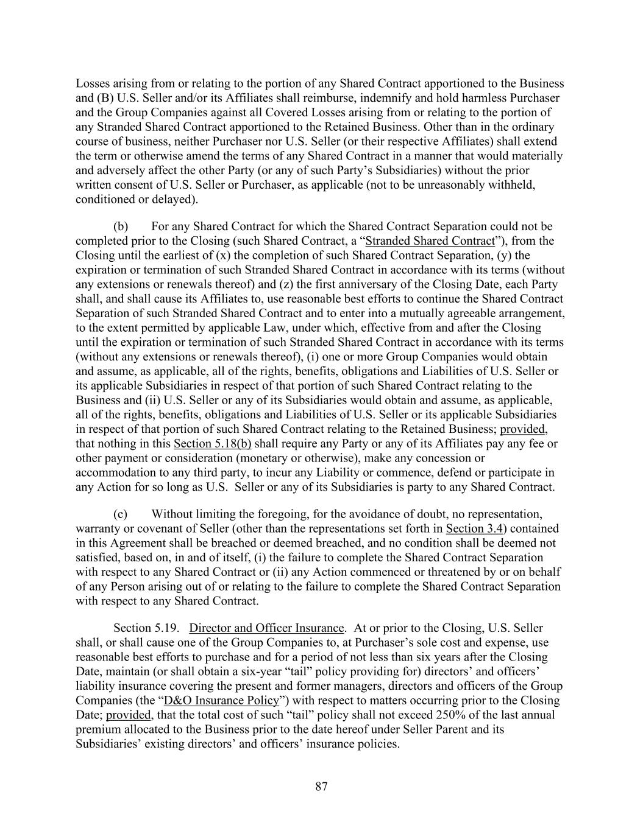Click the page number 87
click(321, 787)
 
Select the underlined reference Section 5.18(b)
click(213, 443)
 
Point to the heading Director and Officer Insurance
click(267, 628)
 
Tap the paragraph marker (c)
click(121, 514)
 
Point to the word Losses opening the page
click(93, 83)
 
